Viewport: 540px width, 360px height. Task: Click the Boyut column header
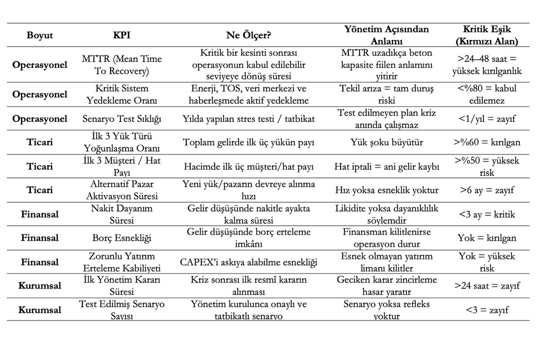[x=40, y=35]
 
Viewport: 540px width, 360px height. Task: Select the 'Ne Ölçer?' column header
[x=248, y=35]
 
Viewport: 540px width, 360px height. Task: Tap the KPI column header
[x=122, y=35]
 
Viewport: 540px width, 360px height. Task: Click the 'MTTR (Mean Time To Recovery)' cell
[x=122, y=65]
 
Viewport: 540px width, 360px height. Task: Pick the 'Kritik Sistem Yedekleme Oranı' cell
[x=122, y=94]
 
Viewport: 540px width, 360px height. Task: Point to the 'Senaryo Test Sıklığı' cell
[x=122, y=119]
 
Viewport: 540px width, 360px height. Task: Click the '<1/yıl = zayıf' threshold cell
[x=487, y=119]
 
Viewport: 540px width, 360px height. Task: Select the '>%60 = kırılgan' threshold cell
[x=487, y=143]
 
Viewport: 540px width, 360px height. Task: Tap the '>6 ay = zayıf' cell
[x=487, y=190]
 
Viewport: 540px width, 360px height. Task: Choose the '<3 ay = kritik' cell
[x=487, y=214]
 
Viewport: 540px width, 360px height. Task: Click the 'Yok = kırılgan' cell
[x=487, y=238]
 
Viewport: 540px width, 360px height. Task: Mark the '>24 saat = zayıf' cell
[x=487, y=286]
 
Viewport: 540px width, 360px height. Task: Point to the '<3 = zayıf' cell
[x=487, y=310]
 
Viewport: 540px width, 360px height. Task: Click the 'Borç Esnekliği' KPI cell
[x=122, y=238]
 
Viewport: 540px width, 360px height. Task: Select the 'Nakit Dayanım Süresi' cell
[x=122, y=214]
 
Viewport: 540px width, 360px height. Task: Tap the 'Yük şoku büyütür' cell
[x=387, y=143]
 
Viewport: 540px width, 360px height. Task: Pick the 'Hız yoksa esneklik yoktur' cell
[x=387, y=190]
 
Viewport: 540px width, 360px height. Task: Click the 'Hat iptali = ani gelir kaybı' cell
[x=387, y=166]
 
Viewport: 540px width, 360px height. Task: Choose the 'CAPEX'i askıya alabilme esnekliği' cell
[x=248, y=262]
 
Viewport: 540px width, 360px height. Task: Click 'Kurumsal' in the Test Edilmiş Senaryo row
[x=40, y=310]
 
